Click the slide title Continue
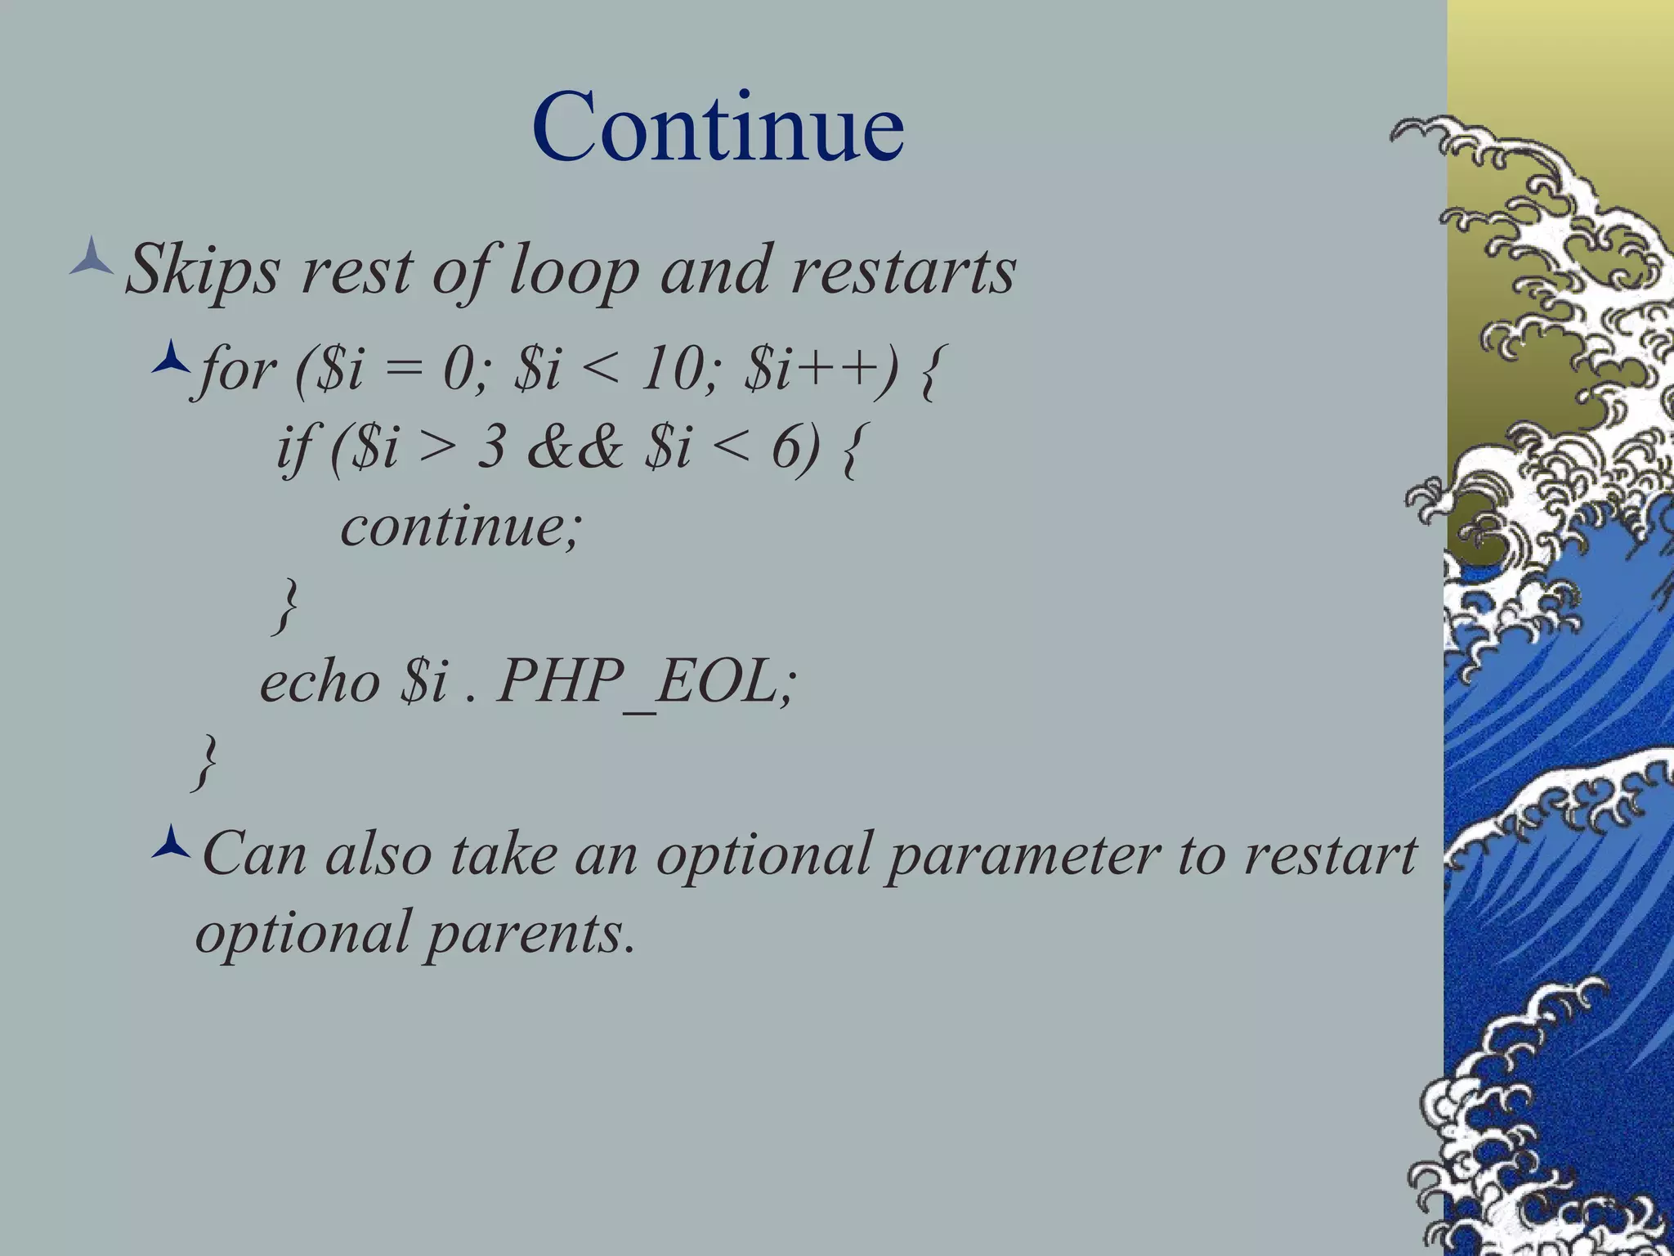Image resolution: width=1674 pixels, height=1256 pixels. (718, 127)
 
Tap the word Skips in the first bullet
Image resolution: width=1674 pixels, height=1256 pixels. (201, 270)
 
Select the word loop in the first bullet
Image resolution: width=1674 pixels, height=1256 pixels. (573, 270)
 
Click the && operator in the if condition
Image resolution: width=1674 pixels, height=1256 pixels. (575, 447)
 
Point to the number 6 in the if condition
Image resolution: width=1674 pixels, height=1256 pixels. (787, 447)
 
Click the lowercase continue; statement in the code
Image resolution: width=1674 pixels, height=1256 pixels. (459, 525)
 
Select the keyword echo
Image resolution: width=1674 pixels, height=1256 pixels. (320, 681)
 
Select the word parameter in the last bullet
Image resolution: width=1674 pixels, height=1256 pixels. (1023, 854)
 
